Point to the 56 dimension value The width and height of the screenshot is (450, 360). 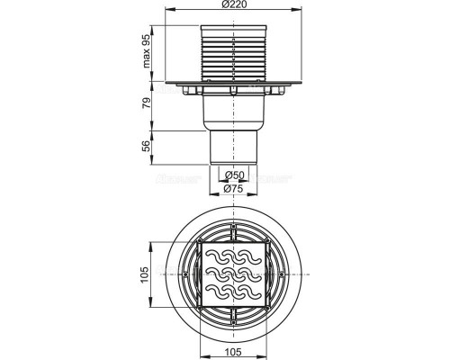point(146,146)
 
